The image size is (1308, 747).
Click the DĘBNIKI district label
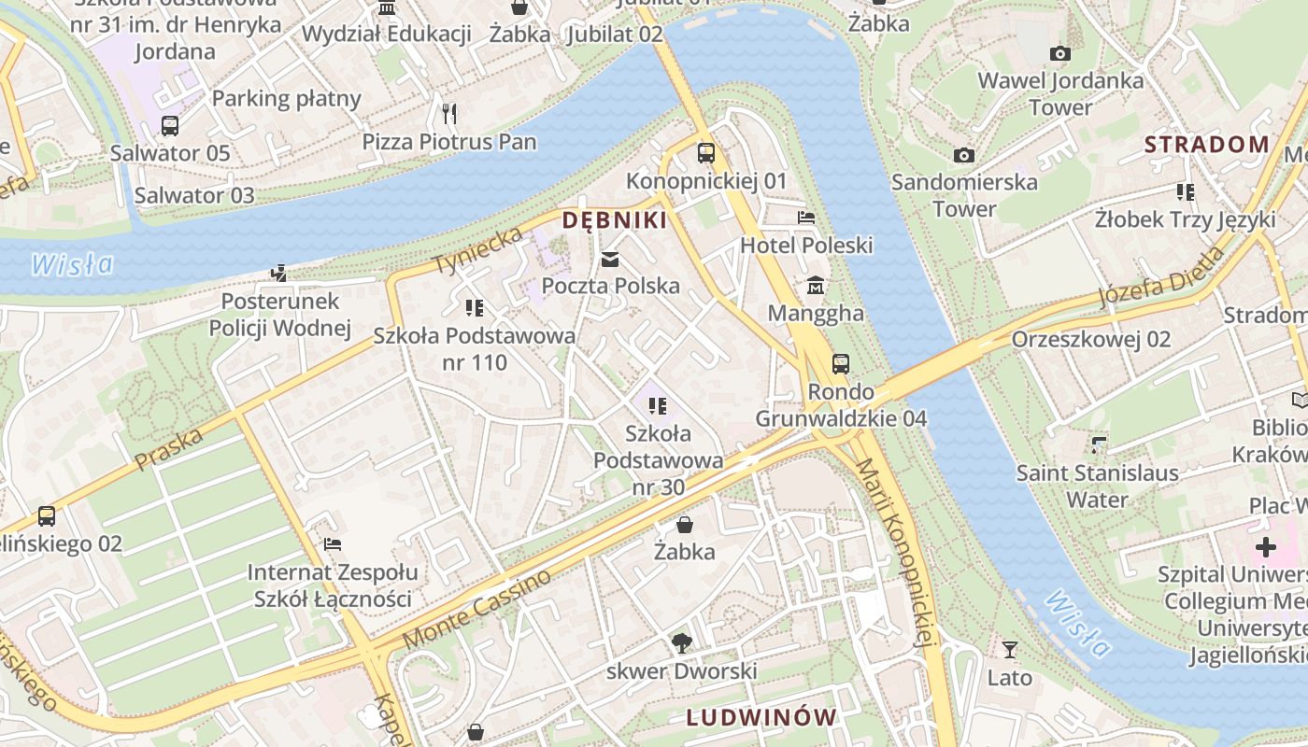pos(615,220)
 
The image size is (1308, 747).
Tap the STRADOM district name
pos(1207,144)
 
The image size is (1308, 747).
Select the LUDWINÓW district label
pos(761,717)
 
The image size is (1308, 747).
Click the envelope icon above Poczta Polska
pos(610,260)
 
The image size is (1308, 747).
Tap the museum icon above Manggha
pos(816,284)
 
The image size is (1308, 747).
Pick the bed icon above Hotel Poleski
pos(806,217)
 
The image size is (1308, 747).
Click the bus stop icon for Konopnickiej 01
pos(706,152)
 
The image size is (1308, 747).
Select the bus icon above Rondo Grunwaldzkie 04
pos(841,363)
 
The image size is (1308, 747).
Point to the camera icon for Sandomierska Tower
pos(964,154)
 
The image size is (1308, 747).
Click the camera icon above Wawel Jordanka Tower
pos(1059,53)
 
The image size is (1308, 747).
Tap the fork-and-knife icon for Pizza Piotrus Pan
pos(449,114)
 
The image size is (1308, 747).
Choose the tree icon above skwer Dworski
pos(682,642)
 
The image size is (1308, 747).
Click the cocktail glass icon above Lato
pos(1009,649)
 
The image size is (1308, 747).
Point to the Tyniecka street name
pos(477,250)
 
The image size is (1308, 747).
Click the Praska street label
pos(168,449)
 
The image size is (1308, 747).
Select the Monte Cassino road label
pos(476,610)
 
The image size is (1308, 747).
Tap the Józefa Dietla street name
pos(1160,276)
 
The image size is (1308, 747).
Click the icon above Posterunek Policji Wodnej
pos(278,273)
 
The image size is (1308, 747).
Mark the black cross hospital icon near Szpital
pos(1265,546)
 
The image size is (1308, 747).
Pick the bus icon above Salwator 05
pos(170,125)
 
